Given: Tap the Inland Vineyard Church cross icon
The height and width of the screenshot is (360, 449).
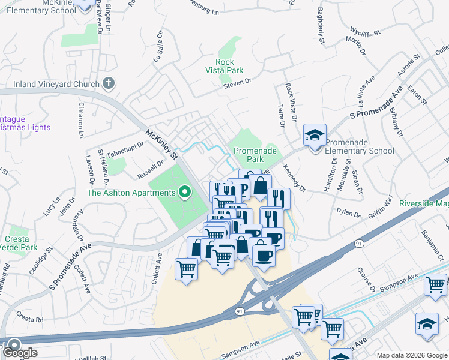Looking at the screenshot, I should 108,83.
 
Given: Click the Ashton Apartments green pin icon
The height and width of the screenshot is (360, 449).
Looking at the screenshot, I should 185,193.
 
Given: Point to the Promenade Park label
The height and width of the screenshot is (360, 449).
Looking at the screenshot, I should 249,155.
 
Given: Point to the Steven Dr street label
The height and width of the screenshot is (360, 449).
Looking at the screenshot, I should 236,87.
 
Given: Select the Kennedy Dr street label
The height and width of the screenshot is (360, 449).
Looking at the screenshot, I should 294,179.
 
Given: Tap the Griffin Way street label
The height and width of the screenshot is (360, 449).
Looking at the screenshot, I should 381,206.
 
